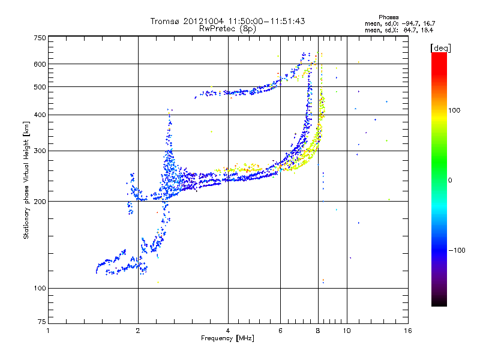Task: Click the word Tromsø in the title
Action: click(163, 21)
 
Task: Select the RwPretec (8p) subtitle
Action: click(228, 28)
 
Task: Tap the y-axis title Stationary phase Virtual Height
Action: click(26, 179)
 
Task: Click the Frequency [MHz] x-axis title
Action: click(227, 338)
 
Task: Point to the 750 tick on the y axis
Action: click(40, 38)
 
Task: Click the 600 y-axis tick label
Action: click(40, 64)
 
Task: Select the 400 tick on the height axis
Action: click(40, 115)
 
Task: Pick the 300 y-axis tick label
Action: click(40, 151)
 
